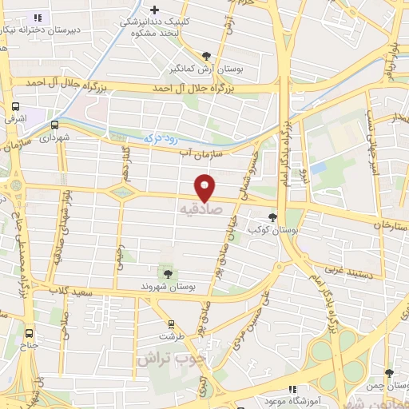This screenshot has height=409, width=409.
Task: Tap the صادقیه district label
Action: pos(197,212)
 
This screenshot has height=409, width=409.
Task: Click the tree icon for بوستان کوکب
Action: pos(274,217)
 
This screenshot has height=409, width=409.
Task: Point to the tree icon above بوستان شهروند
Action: pos(167,274)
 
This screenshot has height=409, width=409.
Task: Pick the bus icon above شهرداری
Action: pos(54,125)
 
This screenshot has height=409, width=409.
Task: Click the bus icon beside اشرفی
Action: pos(16,107)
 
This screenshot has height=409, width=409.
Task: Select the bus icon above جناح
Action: pos(30,333)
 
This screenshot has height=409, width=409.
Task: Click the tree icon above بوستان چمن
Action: pos(389,373)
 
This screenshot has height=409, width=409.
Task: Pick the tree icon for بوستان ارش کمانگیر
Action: pos(207,55)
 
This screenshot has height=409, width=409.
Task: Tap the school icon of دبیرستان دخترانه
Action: pos(37,17)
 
